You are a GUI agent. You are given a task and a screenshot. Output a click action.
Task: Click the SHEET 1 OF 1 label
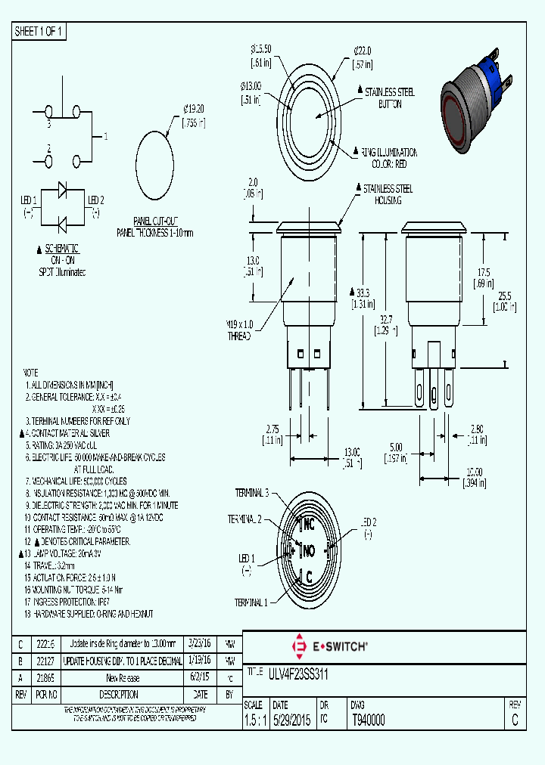point(39,31)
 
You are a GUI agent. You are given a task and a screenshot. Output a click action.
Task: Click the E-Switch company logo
point(329,646)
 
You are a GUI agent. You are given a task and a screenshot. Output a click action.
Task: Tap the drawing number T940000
point(368,720)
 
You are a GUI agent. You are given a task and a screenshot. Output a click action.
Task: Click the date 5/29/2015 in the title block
point(291,720)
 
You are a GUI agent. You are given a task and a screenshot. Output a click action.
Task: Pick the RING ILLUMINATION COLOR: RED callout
point(390,158)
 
